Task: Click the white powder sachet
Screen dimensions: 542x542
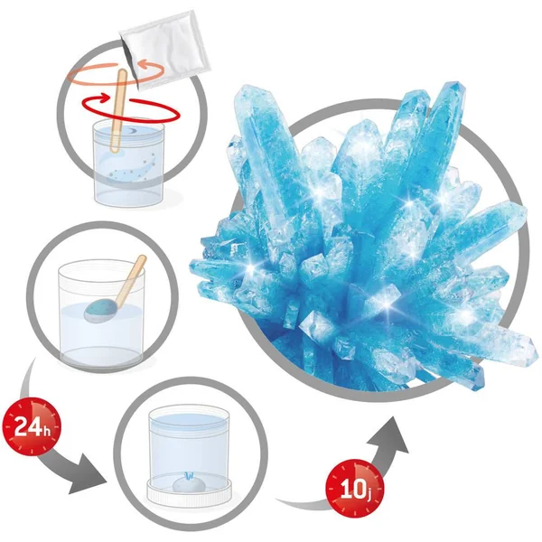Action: (x=164, y=49)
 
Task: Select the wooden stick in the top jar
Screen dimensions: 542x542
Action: (x=118, y=110)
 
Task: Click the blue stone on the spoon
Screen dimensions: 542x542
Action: (x=98, y=310)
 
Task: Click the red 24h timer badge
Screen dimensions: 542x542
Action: (x=32, y=427)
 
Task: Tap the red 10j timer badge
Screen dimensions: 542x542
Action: (x=355, y=488)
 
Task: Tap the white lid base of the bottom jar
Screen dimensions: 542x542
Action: (x=189, y=493)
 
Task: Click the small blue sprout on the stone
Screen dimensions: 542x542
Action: (x=189, y=476)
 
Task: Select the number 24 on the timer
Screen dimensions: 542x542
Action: (x=26, y=426)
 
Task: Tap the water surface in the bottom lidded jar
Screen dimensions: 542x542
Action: (x=189, y=419)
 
